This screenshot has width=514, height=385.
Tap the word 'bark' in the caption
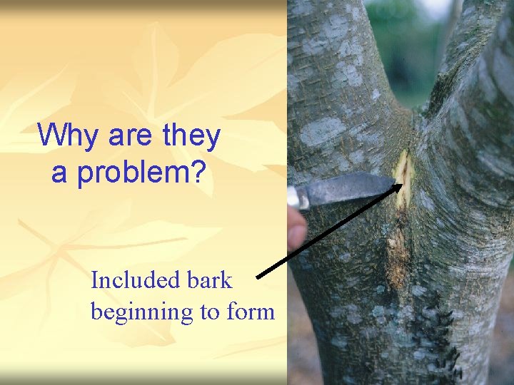click(x=214, y=280)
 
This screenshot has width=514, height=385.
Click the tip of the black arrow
click(x=397, y=183)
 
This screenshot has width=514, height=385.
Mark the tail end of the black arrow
click(x=258, y=275)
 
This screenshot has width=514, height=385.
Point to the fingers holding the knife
click(x=296, y=228)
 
